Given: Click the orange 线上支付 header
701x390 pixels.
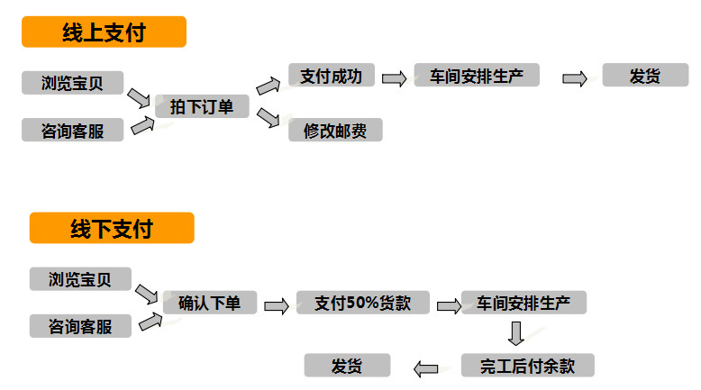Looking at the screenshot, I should point(104,33).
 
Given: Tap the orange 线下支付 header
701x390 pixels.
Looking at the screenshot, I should point(112,228).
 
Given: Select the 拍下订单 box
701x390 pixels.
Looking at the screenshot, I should point(202,107).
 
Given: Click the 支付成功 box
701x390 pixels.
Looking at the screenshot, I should point(331,76).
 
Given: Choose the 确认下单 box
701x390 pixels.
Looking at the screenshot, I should point(210,303).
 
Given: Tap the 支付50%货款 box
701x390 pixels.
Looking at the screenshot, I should point(363,303).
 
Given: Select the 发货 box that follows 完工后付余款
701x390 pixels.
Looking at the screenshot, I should point(347,365).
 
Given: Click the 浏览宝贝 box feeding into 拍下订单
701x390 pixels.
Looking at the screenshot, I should point(71,83).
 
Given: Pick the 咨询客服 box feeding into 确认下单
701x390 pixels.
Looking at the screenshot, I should point(80,326).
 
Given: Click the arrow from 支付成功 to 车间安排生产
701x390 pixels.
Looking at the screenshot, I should point(394,78).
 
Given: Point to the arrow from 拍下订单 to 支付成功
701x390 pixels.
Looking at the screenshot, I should point(269,86).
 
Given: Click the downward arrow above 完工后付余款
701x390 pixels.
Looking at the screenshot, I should point(515,333).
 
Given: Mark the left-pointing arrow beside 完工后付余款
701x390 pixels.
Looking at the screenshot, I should point(425,367).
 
